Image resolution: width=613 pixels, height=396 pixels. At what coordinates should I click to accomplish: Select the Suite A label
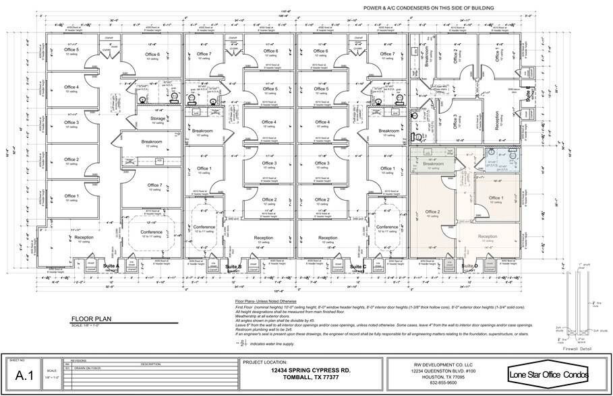111,266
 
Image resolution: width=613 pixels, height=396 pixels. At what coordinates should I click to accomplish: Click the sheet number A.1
24,376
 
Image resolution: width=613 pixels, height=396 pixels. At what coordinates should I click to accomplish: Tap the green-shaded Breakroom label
433,164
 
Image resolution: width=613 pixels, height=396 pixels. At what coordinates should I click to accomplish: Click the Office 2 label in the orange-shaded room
433,212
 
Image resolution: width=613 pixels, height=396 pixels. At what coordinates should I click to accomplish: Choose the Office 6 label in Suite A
152,55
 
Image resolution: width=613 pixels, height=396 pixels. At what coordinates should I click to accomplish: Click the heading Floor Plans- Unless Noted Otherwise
266,300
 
